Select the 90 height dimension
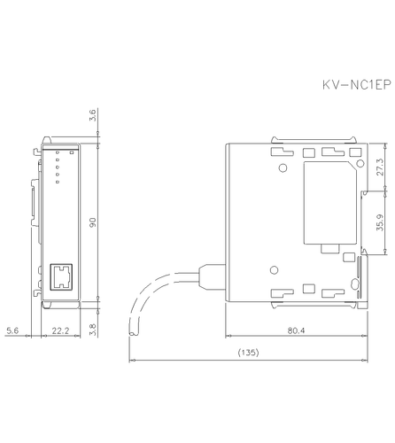point(94,221)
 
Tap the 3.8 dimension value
point(94,324)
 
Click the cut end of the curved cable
point(134,332)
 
